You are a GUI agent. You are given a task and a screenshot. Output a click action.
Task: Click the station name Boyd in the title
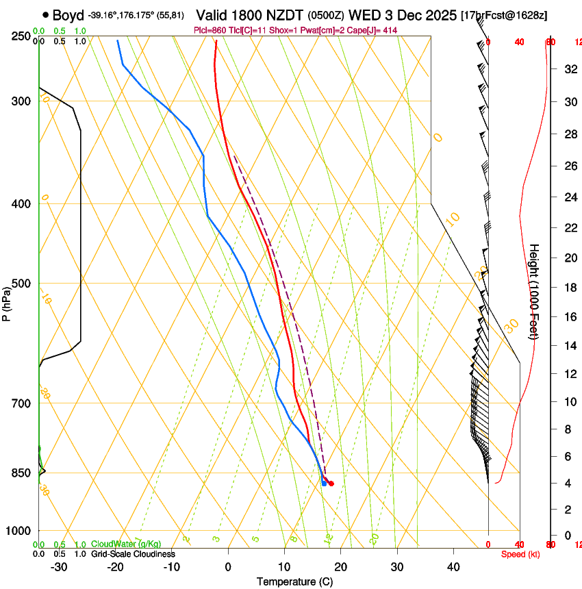pos(68,15)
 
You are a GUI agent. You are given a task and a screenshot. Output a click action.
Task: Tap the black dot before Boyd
pos(45,14)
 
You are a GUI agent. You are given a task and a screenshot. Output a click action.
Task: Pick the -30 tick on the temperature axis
pos(59,567)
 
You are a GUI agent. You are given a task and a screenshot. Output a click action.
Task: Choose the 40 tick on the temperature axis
pos(453,567)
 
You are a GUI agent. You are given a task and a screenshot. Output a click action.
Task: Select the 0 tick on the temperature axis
pos(228,567)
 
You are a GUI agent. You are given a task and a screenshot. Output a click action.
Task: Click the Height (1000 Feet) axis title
pos(534,292)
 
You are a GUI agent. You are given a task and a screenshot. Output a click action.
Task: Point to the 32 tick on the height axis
pos(569,69)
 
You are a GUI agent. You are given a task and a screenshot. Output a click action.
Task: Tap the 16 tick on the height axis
pos(569,317)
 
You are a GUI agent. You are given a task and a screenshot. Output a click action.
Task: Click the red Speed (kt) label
pos(520,554)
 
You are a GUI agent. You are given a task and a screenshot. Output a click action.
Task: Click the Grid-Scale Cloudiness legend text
pos(133,554)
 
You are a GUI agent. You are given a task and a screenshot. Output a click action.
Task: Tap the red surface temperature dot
pos(331,484)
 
